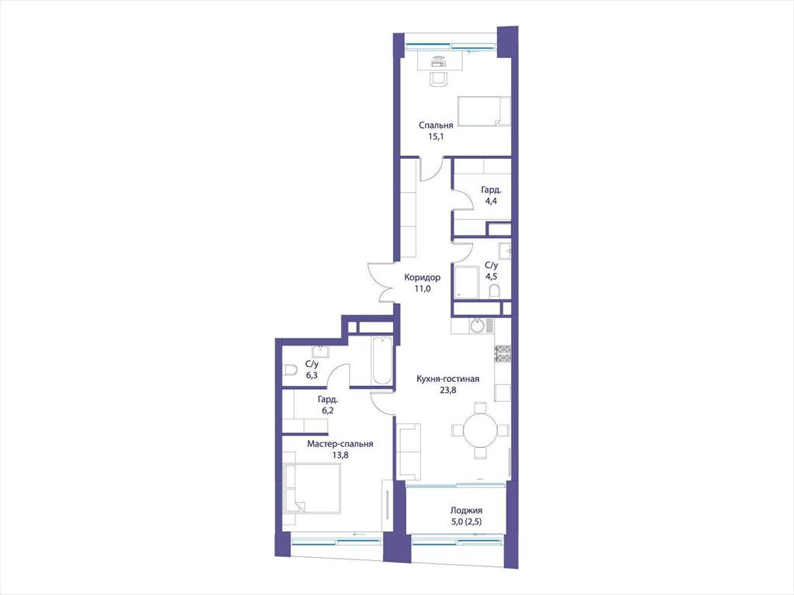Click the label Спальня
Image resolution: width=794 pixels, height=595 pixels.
point(436,125)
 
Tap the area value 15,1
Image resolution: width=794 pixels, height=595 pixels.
point(436,136)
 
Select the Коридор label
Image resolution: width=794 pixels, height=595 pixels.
point(422,277)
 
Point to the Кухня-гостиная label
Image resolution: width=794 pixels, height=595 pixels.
point(447,378)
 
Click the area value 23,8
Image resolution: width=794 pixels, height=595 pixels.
point(447,390)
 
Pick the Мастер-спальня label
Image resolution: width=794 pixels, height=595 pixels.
point(340,444)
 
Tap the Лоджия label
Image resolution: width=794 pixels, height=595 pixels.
point(466,511)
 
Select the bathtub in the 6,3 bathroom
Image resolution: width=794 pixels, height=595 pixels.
point(381,360)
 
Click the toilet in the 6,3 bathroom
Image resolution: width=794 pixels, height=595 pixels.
point(290,370)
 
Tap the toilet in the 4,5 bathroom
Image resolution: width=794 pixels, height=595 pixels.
point(495,291)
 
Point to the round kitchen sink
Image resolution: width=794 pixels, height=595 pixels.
point(478,325)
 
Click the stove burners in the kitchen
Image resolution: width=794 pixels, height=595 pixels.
point(502,353)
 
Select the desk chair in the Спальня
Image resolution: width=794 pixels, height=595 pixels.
point(439,79)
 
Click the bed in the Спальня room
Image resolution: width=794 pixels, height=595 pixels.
point(484,111)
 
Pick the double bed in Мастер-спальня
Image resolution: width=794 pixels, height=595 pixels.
point(312,488)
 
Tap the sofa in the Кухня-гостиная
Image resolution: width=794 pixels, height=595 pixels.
point(409,452)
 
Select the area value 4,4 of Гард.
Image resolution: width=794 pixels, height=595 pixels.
point(491,201)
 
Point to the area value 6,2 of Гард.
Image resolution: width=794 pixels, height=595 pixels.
point(328,411)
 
